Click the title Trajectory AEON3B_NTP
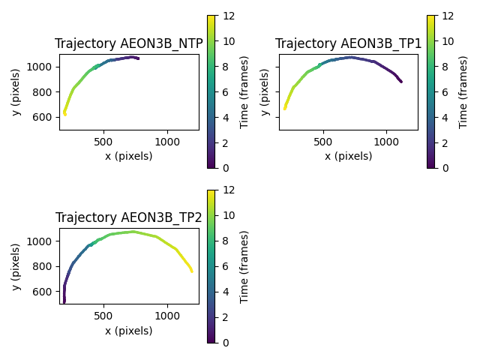pos(129,43)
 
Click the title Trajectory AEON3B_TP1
pos(349,43)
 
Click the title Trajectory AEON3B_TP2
pos(129,217)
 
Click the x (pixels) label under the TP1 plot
pos(349,156)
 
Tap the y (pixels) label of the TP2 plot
pos(16,265)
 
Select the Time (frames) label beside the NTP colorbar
pos(244,91)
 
